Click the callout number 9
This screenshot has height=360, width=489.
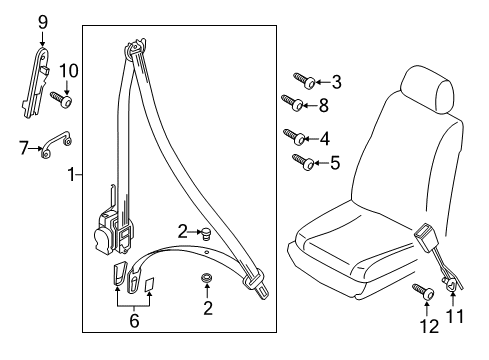tap(43, 22)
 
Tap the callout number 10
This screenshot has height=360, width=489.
tap(69, 71)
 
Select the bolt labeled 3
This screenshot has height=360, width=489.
tap(305, 80)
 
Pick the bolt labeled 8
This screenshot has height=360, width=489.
tap(292, 103)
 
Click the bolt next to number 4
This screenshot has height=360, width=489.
tap(294, 137)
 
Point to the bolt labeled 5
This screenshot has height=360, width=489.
tap(303, 162)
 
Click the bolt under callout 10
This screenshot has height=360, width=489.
tap(62, 99)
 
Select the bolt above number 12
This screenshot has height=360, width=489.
tap(423, 292)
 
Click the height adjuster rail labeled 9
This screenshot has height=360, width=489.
tap(36, 83)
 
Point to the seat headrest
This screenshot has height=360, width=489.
tap(427, 90)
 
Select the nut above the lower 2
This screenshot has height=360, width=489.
tap(206, 278)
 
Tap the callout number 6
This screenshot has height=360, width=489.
tap(134, 320)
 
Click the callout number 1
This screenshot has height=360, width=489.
tap(72, 174)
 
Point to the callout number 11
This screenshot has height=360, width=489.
tap(455, 316)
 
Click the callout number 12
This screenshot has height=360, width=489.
tap(430, 326)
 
